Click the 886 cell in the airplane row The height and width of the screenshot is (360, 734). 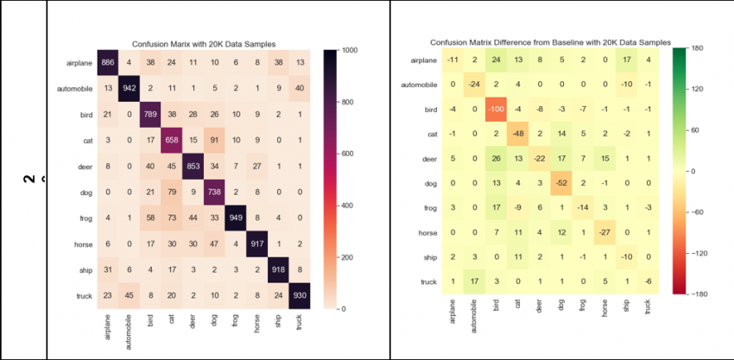pyautogui.click(x=107, y=62)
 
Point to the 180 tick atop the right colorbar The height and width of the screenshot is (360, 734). pyautogui.click(x=699, y=48)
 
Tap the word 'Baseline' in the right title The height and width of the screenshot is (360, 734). pyautogui.click(x=578, y=41)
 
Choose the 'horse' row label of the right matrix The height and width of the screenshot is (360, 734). pyautogui.click(x=427, y=233)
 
